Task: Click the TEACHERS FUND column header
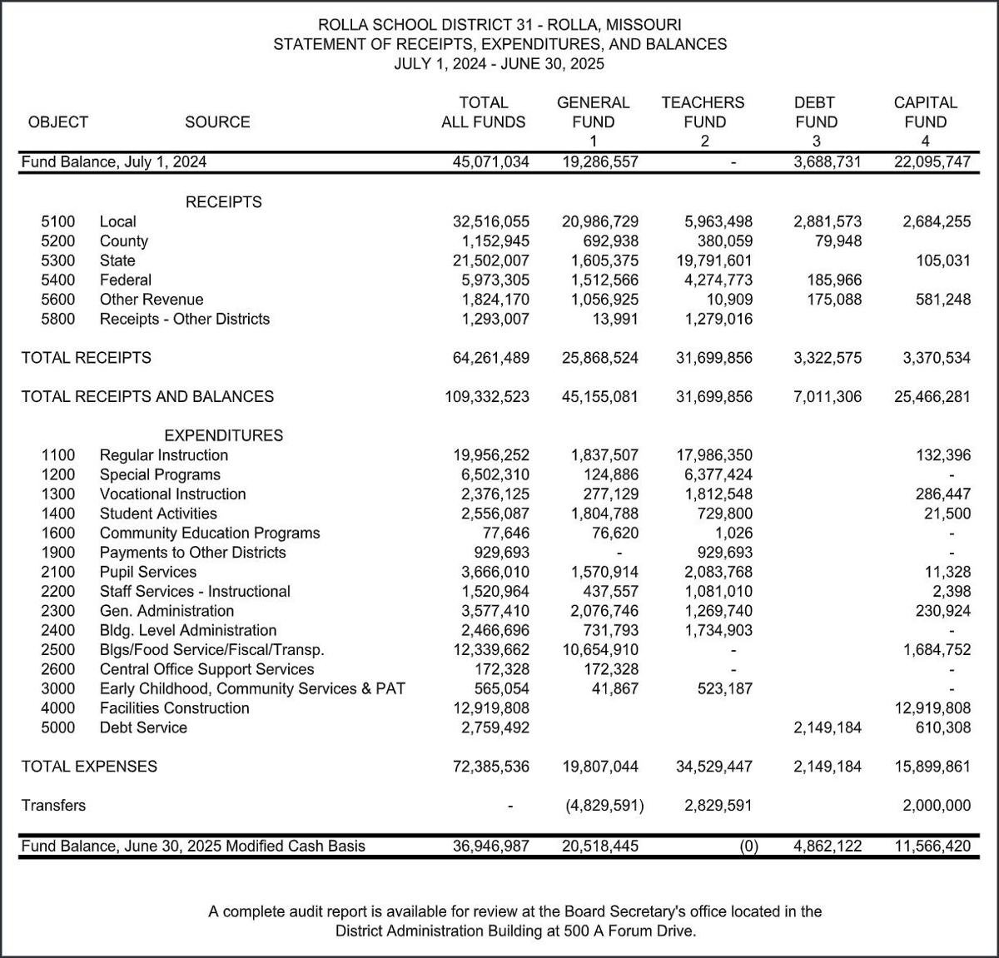tap(703, 112)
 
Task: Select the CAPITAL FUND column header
tap(925, 112)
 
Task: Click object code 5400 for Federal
tap(57, 280)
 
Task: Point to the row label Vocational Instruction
tap(172, 494)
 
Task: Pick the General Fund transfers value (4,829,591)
tap(599, 805)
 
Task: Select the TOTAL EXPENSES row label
tap(89, 766)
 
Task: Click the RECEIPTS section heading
tap(223, 201)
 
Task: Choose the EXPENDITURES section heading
tap(223, 435)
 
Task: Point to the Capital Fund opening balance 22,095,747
tap(932, 161)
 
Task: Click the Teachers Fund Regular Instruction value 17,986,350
tap(713, 454)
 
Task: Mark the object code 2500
tap(57, 649)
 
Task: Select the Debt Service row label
tap(143, 727)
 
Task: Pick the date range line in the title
tap(499, 63)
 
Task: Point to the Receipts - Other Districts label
tap(185, 319)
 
